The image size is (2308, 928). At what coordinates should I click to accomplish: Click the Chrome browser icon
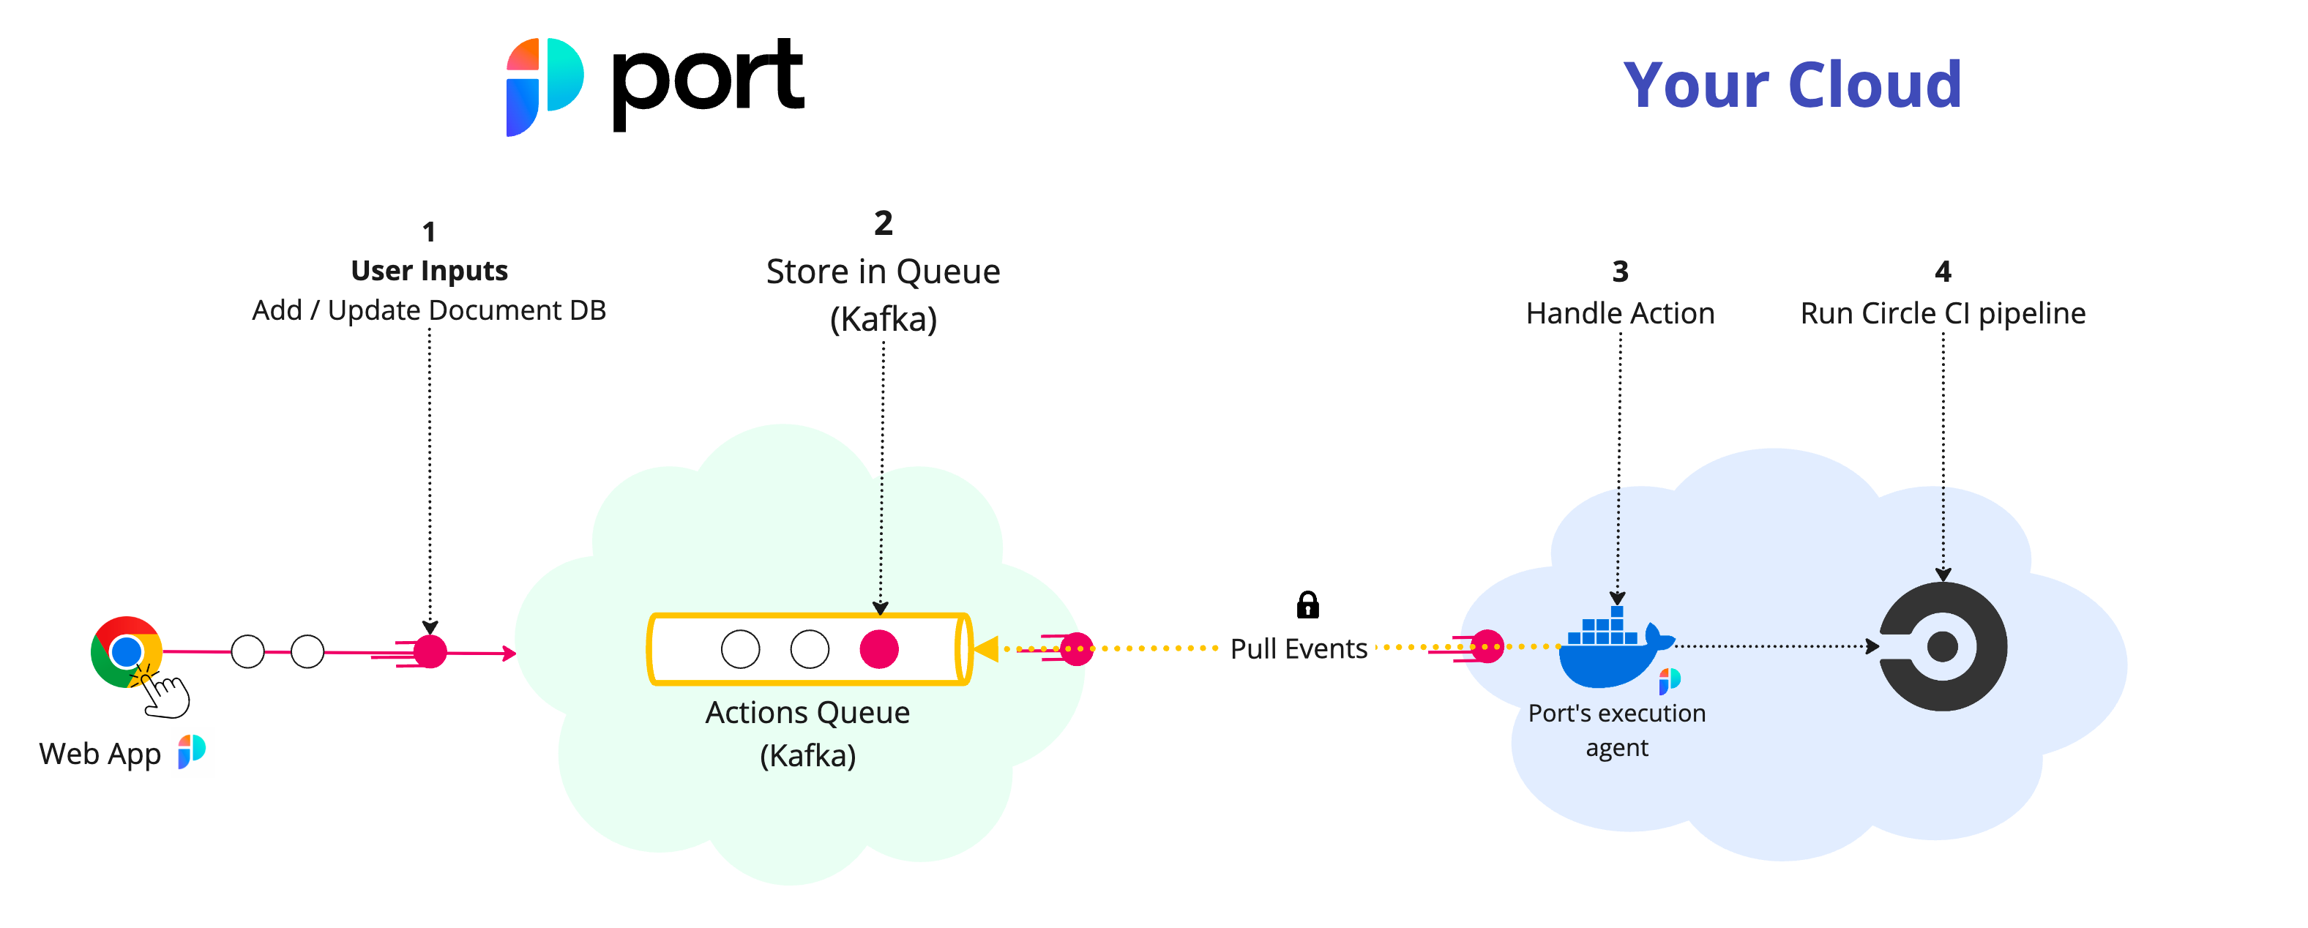(x=125, y=651)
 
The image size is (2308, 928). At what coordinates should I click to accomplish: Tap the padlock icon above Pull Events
(x=1307, y=605)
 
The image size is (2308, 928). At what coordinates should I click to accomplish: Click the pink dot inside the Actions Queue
(x=878, y=649)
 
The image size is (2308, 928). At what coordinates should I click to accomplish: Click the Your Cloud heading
(x=1792, y=85)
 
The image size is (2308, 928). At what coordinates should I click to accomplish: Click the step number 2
(x=883, y=223)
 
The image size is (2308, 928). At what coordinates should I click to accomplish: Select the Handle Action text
(x=1619, y=313)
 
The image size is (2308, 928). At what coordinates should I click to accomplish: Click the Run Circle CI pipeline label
(x=1943, y=313)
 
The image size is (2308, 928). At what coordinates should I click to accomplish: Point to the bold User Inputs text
(x=429, y=271)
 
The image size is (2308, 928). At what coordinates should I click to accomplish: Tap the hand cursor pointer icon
(x=167, y=696)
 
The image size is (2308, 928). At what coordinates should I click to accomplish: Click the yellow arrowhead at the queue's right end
(x=987, y=648)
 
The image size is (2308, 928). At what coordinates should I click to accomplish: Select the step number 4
(x=1943, y=272)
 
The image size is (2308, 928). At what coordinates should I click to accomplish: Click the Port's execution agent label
(x=1616, y=729)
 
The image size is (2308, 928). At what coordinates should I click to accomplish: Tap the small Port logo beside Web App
(x=191, y=751)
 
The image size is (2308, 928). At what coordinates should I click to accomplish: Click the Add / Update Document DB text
(x=429, y=310)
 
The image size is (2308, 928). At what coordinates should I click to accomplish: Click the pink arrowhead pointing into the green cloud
(x=509, y=654)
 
